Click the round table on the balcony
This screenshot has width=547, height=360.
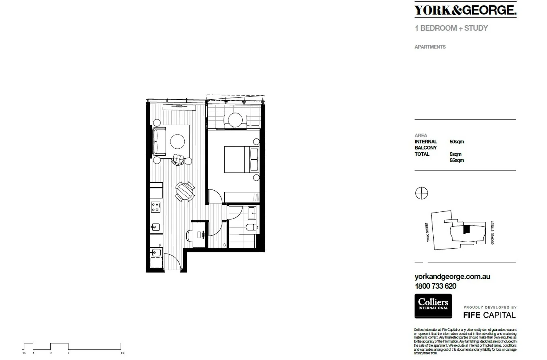(235, 120)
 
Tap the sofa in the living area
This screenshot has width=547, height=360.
(159, 142)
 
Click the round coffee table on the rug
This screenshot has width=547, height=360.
(177, 142)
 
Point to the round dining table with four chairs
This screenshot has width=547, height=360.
(185, 191)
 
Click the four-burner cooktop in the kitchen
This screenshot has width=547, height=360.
(155, 207)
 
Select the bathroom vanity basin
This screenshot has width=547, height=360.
(252, 213)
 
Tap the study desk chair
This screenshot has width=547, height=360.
(188, 235)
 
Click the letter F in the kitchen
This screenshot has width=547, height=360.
(160, 245)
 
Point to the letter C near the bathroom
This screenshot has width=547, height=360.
(224, 245)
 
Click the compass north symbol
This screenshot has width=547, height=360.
(421, 193)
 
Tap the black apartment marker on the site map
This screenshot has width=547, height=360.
(466, 229)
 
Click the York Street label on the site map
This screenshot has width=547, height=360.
(427, 232)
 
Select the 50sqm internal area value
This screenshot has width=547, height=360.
(456, 142)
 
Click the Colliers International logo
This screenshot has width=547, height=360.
(433, 306)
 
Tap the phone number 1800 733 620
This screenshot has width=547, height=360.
(435, 286)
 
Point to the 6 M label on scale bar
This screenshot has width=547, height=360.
(122, 353)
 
